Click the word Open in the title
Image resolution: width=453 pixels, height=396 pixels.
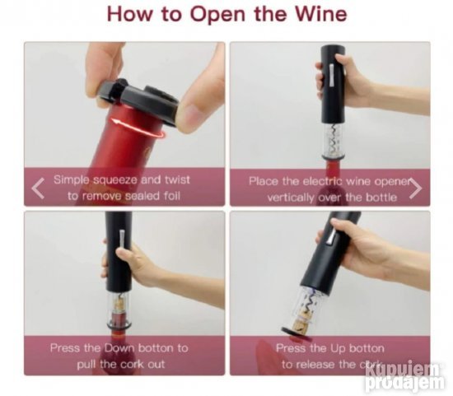pyautogui.click(x=217, y=15)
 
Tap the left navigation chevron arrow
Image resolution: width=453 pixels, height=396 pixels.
pyautogui.click(x=38, y=188)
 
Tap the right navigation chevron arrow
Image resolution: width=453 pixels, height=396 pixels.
pyautogui.click(x=415, y=189)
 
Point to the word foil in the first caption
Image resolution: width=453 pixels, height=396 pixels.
pyautogui.click(x=172, y=196)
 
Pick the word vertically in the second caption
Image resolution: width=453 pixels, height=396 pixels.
pyautogui.click(x=291, y=198)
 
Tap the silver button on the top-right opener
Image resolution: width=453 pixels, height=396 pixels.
pyautogui.click(x=333, y=76)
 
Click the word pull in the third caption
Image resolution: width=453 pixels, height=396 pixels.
pyautogui.click(x=86, y=365)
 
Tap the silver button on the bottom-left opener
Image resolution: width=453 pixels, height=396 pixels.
pyautogui.click(x=122, y=239)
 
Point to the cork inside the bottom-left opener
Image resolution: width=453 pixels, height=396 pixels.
pyautogui.click(x=118, y=308)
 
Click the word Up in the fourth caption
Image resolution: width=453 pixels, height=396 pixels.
pyautogui.click(x=338, y=348)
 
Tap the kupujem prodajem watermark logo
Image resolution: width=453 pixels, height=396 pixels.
pyautogui.click(x=404, y=375)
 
